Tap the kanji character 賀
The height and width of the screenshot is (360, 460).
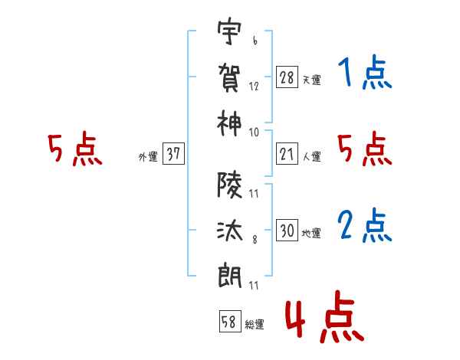(x=230, y=77)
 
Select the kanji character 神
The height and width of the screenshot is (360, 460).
(x=230, y=121)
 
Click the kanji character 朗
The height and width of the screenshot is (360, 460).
(x=230, y=273)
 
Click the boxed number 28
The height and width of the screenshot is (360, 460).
(x=287, y=77)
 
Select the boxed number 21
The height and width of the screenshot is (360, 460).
(x=287, y=154)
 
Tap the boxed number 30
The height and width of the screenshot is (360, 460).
(x=287, y=231)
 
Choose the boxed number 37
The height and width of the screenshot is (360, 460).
(x=173, y=154)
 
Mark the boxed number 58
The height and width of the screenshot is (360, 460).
(x=229, y=321)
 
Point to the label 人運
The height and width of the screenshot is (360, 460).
(x=311, y=156)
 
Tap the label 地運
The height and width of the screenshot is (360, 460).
(x=311, y=233)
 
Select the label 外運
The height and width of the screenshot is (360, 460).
(x=148, y=156)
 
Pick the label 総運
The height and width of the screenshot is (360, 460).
(x=255, y=324)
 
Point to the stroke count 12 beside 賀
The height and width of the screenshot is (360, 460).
(x=254, y=87)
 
